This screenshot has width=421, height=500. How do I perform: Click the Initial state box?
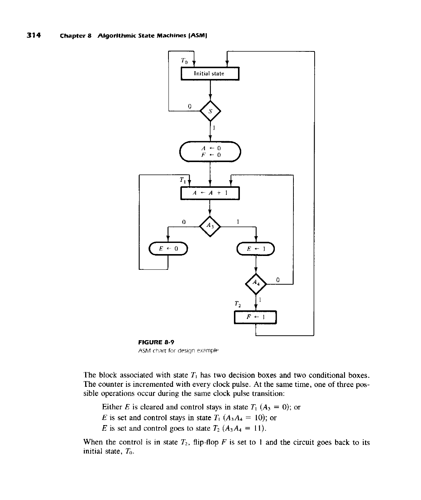coord(209,73)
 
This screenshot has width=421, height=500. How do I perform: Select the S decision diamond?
coord(210,111)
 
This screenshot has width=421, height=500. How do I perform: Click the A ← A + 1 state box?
coord(210,193)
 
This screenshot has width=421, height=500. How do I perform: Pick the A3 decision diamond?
coord(210,226)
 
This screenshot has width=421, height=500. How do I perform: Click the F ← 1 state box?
coord(256,317)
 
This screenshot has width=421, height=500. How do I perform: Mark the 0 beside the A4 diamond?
coord(277,279)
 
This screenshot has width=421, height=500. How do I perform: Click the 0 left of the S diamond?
coord(189,106)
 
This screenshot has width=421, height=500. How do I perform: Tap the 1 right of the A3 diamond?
coord(238,221)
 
